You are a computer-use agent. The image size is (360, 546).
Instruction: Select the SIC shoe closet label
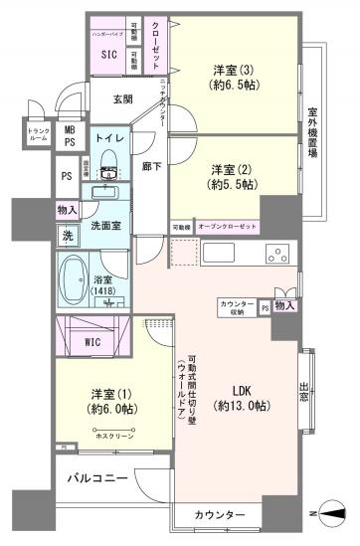[107, 56]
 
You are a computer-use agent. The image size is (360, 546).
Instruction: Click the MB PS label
[69, 135]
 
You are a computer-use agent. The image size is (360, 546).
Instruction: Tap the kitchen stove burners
[275, 257]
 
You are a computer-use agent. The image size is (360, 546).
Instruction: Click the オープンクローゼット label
[228, 227]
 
